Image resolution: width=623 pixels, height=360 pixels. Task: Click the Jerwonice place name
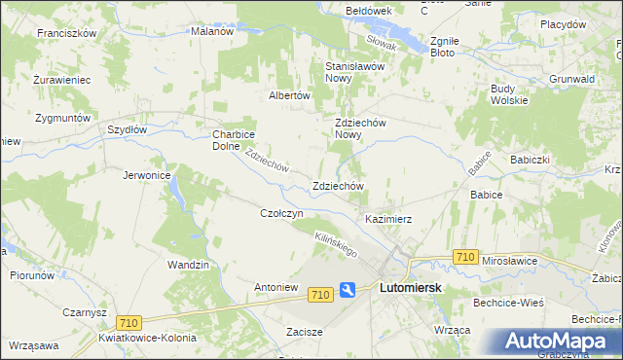(x=147, y=175)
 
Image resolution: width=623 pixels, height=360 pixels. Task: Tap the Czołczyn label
(x=282, y=212)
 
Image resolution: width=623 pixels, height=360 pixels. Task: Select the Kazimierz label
(x=388, y=219)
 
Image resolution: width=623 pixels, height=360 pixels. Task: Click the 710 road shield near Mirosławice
(x=465, y=257)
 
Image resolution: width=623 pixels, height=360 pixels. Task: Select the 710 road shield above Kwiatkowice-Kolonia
(x=128, y=322)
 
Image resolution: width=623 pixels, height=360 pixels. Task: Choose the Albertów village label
(x=289, y=95)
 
